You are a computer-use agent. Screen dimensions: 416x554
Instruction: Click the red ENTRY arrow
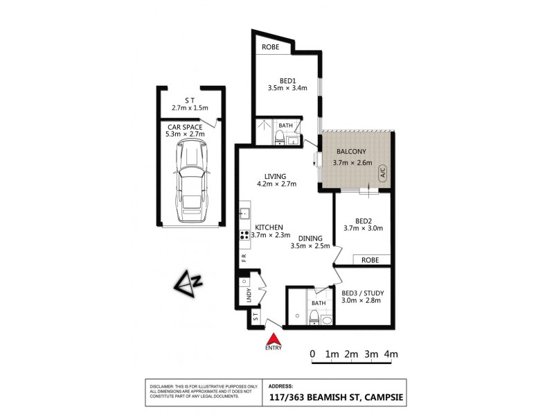[274, 340]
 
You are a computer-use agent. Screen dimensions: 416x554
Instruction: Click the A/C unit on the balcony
[381, 174]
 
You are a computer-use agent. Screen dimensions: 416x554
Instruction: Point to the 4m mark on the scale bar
[392, 354]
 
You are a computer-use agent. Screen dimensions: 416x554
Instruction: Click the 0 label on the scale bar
[312, 354]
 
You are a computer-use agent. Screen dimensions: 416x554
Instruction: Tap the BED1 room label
[287, 80]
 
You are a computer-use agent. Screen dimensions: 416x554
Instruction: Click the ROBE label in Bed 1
[271, 48]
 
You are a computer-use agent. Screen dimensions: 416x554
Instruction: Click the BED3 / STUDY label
[363, 293]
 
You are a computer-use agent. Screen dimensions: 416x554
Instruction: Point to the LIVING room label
[276, 176]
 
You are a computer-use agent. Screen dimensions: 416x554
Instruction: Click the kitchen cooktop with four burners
[244, 234]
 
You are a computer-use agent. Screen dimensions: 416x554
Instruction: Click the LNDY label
[248, 295]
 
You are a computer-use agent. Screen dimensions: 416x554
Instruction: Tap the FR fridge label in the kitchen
[244, 257]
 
